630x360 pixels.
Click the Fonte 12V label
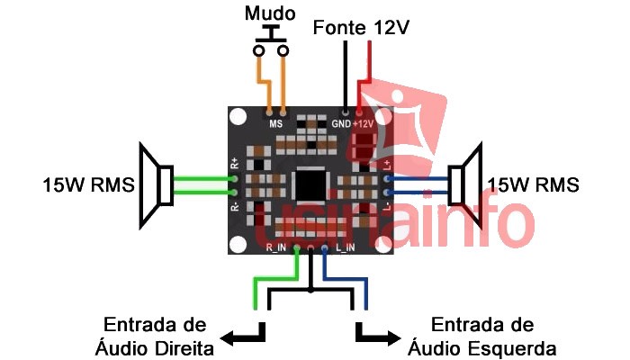point(361,28)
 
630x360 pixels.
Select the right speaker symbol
point(465,185)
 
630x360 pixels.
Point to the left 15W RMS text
point(88,185)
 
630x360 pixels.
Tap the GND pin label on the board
point(341,122)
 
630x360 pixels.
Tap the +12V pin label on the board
point(364,122)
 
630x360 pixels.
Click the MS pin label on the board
point(276,122)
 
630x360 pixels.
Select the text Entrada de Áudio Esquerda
point(481,336)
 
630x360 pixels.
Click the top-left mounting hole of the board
point(238,117)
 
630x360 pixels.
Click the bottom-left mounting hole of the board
point(238,246)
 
